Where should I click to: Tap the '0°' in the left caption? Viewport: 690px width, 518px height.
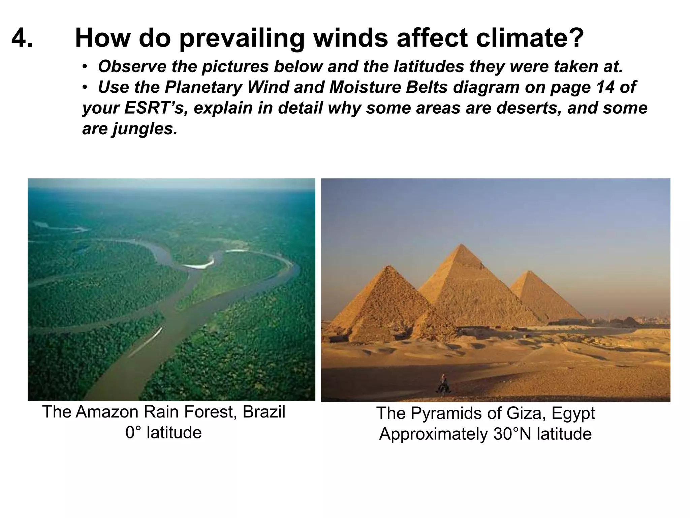134,433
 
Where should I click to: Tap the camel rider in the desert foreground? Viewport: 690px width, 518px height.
444,383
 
